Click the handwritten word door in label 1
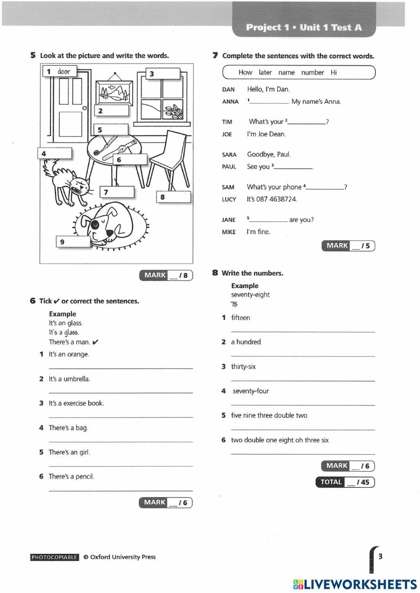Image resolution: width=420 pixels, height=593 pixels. coord(64,71)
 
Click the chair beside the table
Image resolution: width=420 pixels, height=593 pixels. coord(169,155)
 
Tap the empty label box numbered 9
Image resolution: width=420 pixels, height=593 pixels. coord(73,242)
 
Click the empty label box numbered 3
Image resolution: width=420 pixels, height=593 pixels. coord(163,74)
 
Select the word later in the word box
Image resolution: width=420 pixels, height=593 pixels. coord(265,72)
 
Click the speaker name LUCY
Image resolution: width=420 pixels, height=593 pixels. coord(229,199)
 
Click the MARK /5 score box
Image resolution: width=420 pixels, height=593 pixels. coord(348,246)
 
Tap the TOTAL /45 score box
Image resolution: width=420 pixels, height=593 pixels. coord(345,482)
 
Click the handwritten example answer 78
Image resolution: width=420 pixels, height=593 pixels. coord(234,304)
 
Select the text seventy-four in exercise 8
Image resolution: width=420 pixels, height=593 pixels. coord(251,391)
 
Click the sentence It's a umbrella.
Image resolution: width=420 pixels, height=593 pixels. coord(69,379)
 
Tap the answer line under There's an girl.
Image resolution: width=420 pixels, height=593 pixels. coord(121,466)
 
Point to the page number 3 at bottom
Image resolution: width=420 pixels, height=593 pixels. coord(381,556)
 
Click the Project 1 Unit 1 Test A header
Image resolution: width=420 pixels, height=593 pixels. coord(304,27)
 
